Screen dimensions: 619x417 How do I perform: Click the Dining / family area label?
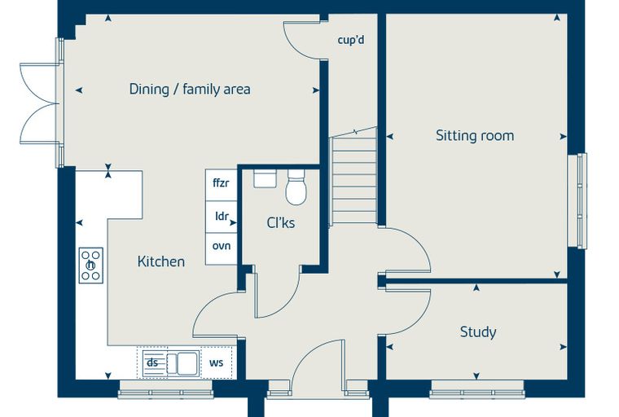pos(190,90)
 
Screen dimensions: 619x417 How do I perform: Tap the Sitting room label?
pos(475,135)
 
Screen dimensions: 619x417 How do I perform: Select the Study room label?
pos(478,332)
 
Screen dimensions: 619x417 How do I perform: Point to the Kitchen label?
pos(161,261)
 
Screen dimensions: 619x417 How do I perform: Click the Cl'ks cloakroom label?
pos(281,222)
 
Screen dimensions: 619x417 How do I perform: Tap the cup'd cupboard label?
pos(351,40)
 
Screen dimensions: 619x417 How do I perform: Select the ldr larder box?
pos(221,217)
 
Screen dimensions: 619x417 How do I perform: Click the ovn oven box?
pos(221,248)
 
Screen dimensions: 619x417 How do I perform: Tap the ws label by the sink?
pos(217,363)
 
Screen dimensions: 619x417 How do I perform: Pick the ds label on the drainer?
pos(152,362)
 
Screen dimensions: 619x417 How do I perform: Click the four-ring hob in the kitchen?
pos(90,266)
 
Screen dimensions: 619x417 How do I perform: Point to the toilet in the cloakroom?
pos(296,187)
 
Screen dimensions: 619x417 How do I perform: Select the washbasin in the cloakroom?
pos(265,178)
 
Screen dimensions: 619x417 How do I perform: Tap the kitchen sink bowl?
pos(187,363)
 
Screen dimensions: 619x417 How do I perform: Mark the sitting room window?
pos(577,200)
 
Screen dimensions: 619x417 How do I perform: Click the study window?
pos(477,389)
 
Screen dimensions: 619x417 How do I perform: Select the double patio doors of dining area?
pos(40,103)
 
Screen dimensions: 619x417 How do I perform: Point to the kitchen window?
pos(166,389)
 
